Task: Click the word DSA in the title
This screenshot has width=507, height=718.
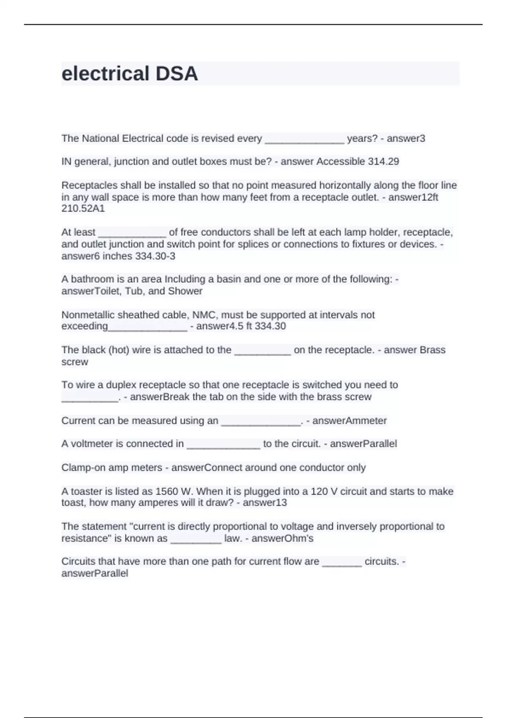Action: point(177,74)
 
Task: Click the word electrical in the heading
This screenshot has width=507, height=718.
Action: point(106,74)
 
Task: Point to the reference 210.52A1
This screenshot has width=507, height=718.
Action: point(83,209)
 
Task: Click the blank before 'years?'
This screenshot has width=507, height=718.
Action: point(304,139)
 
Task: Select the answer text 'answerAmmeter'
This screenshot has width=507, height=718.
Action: point(349,421)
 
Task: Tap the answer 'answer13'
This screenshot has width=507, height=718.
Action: point(265,503)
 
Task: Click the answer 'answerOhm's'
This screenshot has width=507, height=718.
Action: point(282,539)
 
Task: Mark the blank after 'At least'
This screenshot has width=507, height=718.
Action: point(132,233)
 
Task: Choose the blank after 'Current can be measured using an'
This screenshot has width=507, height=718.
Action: point(260,422)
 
